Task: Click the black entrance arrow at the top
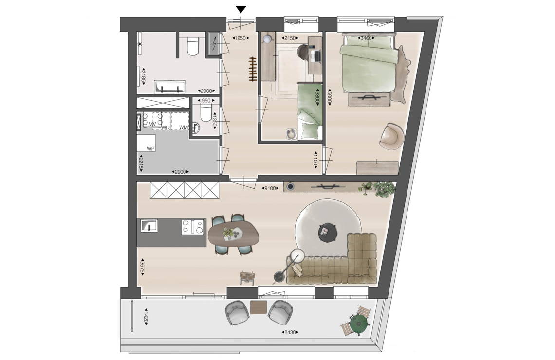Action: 241,9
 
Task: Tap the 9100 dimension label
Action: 270,188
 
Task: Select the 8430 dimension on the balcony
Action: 290,332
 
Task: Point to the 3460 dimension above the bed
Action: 367,38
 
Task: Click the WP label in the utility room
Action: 151,149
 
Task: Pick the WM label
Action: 183,127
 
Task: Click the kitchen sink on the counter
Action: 149,225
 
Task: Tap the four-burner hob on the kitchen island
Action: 193,227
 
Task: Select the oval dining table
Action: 234,234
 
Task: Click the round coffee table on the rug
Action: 326,232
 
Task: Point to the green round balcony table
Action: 358,322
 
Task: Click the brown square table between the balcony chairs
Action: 258,307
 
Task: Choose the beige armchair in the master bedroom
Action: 392,135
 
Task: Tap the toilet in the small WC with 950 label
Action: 205,113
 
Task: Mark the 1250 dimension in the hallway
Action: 240,38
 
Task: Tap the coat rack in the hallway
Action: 252,69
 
